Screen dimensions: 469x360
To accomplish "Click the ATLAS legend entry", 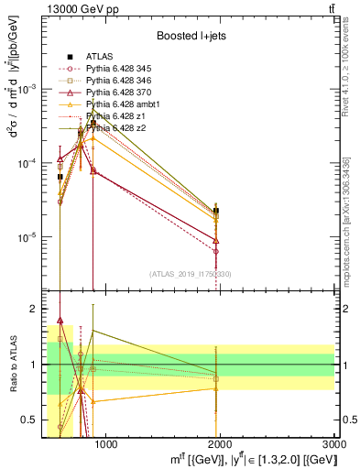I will click(99, 56).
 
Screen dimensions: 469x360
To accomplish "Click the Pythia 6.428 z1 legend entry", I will click(114, 116).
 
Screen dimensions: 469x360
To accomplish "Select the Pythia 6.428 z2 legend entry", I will click(114, 128).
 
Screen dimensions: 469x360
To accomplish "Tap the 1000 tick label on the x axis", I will click(105, 445).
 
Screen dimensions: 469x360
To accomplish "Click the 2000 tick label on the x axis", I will click(221, 445).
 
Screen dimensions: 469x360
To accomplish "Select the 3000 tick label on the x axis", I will click(334, 445).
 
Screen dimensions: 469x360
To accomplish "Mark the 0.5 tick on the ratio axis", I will click(35, 420).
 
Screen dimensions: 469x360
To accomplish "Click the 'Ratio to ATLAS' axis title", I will click(13, 365).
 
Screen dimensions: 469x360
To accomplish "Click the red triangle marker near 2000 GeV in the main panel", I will click(216, 240).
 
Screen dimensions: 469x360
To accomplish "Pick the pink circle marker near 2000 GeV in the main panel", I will click(216, 251).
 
